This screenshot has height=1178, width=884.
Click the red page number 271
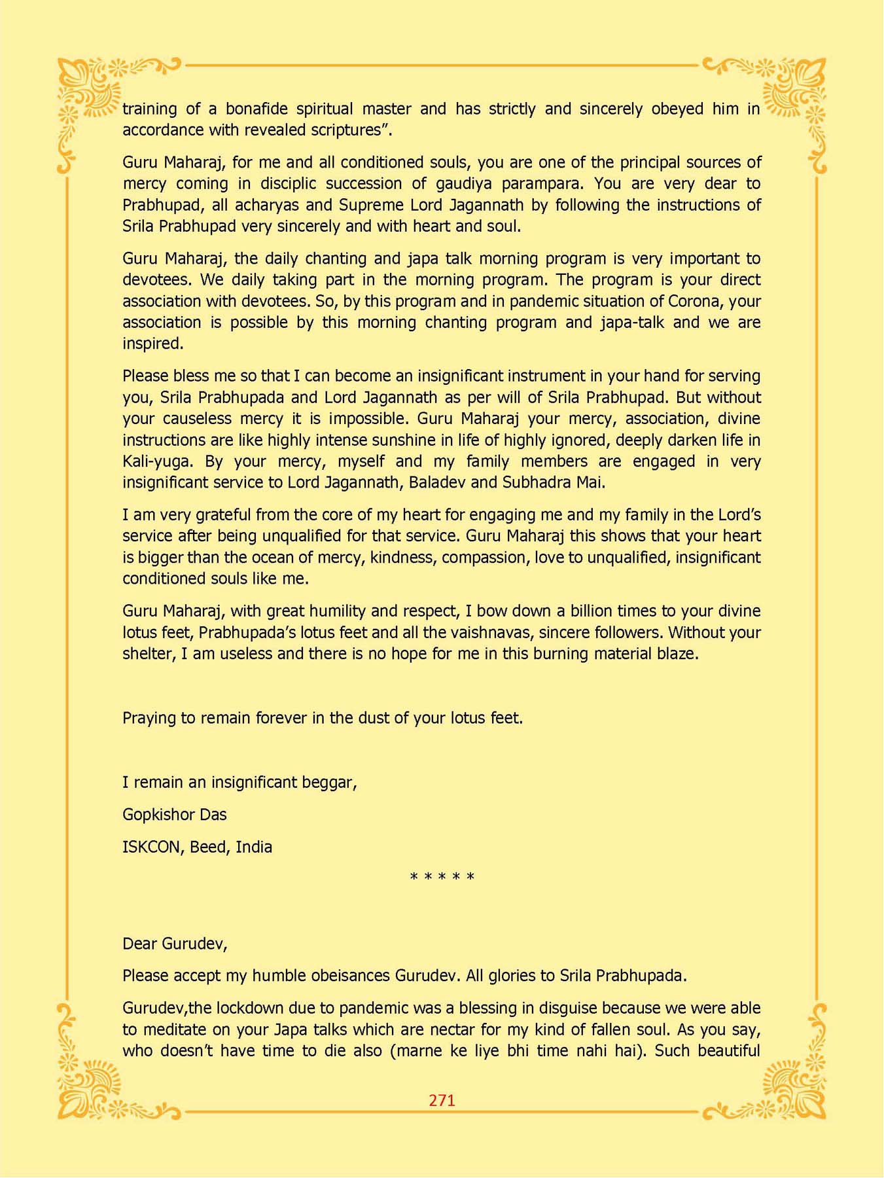pyautogui.click(x=442, y=1100)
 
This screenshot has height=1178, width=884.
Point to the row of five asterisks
pyautogui.click(x=442, y=877)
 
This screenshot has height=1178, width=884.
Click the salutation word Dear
pyautogui.click(x=139, y=944)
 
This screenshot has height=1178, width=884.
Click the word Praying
pyautogui.click(x=149, y=719)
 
